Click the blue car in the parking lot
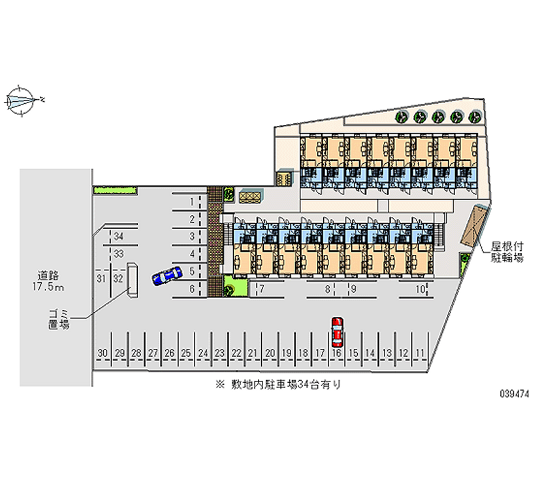click(x=167, y=276)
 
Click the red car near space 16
click(x=338, y=331)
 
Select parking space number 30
click(x=102, y=353)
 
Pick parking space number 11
click(x=420, y=353)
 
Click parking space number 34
click(x=119, y=236)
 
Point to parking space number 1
click(x=191, y=201)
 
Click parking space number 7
click(x=262, y=289)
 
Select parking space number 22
click(x=237, y=353)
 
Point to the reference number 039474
click(x=513, y=394)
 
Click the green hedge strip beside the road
click(x=115, y=190)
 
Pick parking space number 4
click(x=191, y=254)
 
